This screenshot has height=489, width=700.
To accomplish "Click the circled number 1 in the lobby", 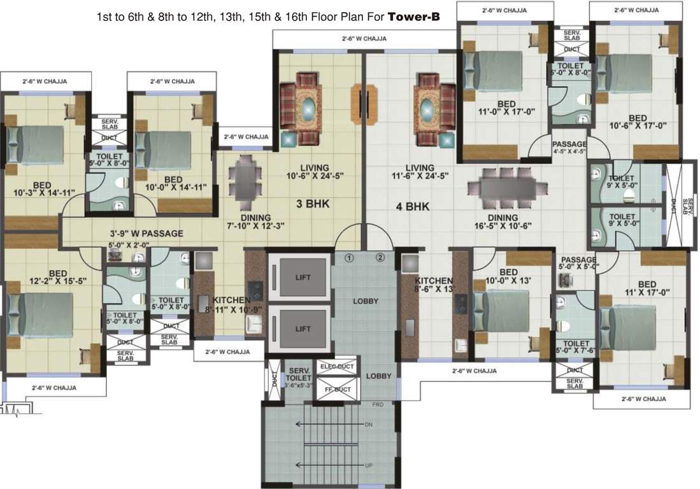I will [348, 258].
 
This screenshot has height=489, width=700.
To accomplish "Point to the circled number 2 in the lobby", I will [380, 258].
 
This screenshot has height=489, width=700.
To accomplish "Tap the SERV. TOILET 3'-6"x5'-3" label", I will [299, 378].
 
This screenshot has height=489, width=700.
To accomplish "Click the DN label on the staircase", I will [368, 424].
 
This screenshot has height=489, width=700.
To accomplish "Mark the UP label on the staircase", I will [368, 465].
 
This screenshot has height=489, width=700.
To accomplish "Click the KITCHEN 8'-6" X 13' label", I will [435, 285].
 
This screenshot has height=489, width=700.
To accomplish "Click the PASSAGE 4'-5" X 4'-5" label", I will [569, 148].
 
